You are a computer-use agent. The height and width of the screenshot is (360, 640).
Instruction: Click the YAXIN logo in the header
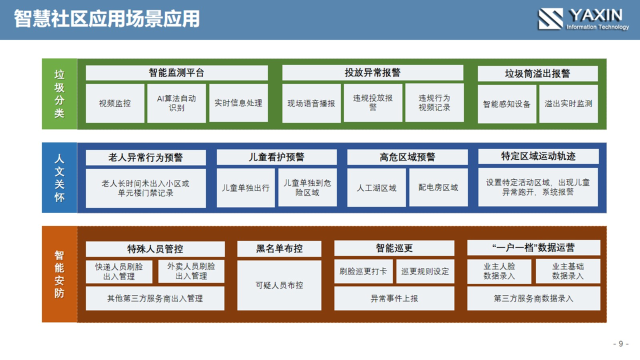coord(583,19)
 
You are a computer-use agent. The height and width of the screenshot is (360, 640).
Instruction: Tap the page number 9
coord(621,343)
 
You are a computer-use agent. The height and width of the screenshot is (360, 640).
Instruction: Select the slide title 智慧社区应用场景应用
coord(107,19)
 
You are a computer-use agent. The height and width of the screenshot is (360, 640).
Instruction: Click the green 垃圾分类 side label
coord(59,94)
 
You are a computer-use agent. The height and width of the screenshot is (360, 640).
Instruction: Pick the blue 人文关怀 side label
coord(59,177)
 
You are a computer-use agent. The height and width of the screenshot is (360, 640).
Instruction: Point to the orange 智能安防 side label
coord(59,274)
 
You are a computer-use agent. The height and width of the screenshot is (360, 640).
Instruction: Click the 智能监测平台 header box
coord(176,72)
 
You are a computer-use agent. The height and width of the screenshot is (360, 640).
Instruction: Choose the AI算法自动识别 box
coord(176,103)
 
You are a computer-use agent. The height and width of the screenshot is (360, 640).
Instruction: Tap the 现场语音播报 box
coord(311,103)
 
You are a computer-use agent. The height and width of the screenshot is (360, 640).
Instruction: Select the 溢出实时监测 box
coord(568,103)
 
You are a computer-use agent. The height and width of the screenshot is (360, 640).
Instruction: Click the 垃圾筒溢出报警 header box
coord(537,73)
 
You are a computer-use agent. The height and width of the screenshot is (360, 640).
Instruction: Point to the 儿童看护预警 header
coord(276,157)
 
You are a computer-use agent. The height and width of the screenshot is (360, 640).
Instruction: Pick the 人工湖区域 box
coord(376,187)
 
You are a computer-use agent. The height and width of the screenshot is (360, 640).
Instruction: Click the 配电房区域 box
coord(438,187)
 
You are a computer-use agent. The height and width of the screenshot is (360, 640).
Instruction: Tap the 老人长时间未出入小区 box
coord(145,188)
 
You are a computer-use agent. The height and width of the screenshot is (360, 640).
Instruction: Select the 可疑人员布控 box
coord(279,285)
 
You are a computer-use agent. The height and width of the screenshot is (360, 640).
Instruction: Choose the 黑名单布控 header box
coord(279,248)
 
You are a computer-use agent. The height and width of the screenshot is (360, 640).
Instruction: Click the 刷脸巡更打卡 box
coord(363,271)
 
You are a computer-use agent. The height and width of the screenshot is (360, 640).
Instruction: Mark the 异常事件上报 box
coord(394,298)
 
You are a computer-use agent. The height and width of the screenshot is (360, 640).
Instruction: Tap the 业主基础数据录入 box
coord(568,271)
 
